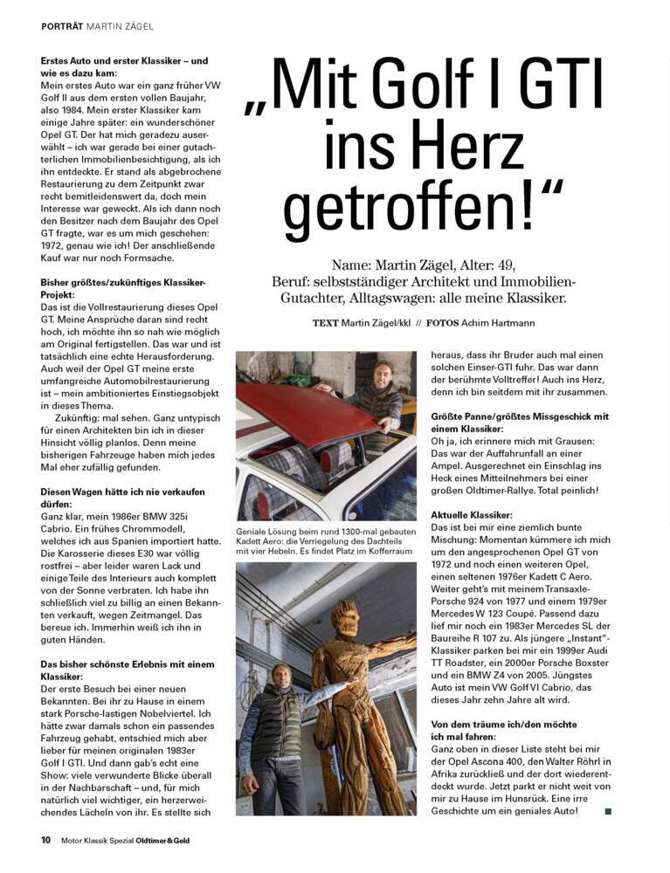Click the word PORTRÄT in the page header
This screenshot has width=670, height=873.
tap(62, 26)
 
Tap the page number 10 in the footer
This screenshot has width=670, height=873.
tap(45, 841)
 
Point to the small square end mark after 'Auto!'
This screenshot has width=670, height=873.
tap(608, 811)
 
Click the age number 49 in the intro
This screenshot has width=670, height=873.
tap(554, 265)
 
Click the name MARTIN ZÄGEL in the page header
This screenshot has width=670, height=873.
tap(121, 26)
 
